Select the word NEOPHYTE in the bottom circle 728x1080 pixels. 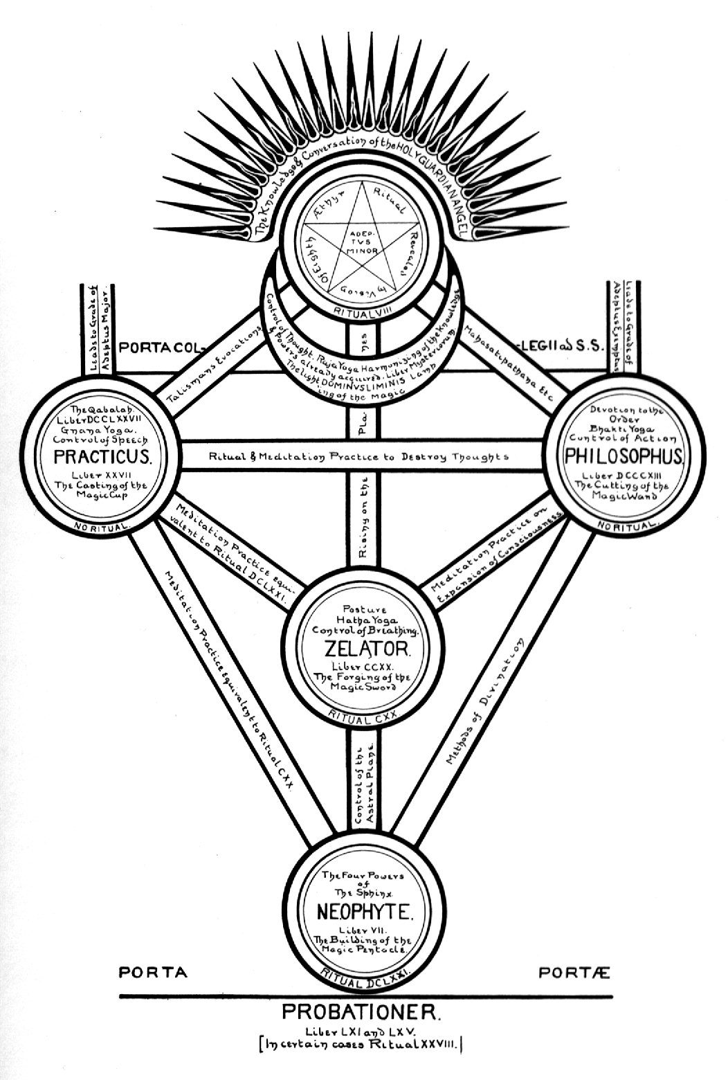point(365,911)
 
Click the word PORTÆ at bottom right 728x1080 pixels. point(574,973)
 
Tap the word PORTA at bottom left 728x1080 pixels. point(153,973)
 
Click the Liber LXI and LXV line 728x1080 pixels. point(361,1030)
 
